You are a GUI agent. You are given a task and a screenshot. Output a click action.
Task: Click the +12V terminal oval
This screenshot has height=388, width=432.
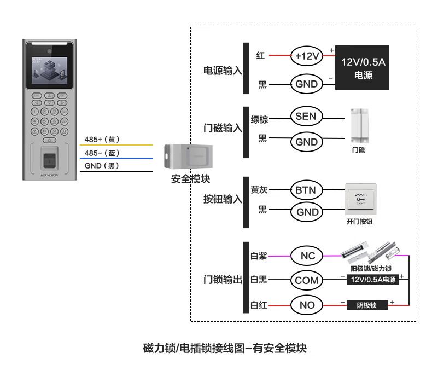(307, 55)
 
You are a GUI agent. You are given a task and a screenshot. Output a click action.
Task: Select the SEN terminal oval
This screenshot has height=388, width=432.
(306, 116)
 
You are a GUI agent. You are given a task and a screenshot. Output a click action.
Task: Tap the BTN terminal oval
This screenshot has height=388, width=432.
(306, 190)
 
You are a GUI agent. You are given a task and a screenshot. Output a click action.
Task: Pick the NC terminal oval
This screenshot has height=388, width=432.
(307, 256)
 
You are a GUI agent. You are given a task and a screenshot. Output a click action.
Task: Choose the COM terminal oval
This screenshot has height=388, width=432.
(306, 280)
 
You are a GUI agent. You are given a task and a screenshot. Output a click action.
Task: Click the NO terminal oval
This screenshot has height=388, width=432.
(307, 305)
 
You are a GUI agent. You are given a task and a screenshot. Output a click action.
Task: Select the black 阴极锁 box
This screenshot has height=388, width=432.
(367, 305)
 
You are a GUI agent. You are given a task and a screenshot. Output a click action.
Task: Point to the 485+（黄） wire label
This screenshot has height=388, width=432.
(102, 140)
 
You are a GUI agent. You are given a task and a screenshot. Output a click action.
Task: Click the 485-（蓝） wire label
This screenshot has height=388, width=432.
(102, 153)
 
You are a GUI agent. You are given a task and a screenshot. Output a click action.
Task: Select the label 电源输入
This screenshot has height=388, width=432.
(222, 71)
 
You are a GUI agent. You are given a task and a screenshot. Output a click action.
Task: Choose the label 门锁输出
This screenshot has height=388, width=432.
(222, 280)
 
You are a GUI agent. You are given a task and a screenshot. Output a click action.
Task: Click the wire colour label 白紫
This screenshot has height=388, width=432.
(259, 256)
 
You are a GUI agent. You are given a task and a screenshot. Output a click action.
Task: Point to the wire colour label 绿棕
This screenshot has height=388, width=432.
(259, 119)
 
